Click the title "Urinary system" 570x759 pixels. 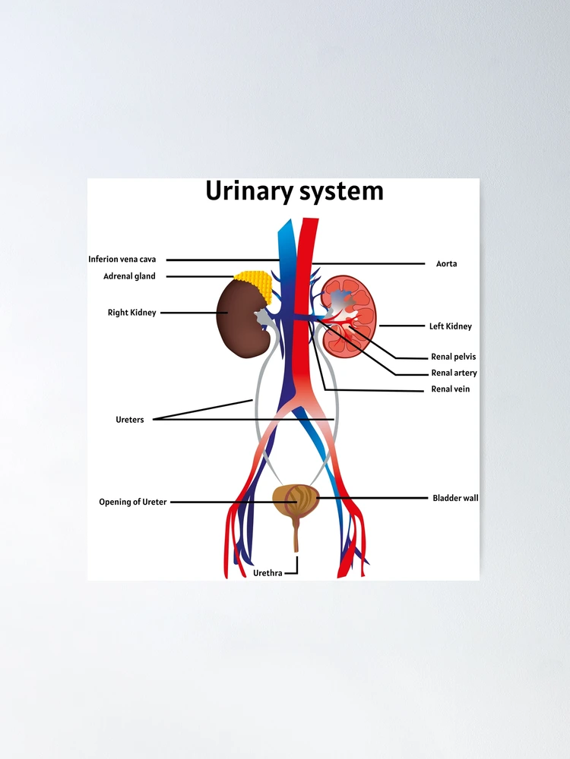point(294,191)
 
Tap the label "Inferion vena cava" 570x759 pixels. point(122,260)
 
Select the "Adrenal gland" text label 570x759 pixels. point(129,276)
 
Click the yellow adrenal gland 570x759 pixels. point(254,285)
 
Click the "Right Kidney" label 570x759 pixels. point(131,313)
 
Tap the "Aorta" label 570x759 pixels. point(446,264)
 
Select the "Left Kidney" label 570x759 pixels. point(450,326)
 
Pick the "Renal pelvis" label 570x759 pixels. point(454,357)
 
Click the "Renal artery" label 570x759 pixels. point(454,373)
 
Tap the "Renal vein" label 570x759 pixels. point(450,389)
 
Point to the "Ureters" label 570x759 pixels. point(130,420)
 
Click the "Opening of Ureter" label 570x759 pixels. point(133,502)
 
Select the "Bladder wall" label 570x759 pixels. point(455,498)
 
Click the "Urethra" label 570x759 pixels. point(268,573)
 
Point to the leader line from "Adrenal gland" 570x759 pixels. point(200,276)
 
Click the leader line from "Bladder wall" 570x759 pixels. point(372,498)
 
